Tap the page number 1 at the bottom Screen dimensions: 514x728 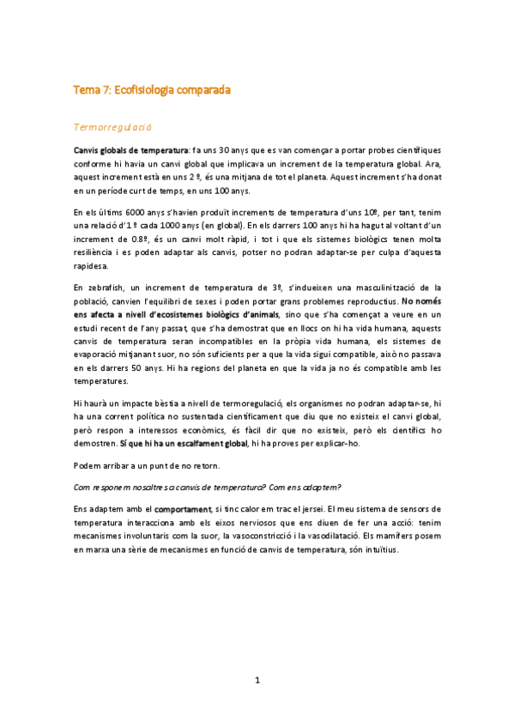[257, 681]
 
